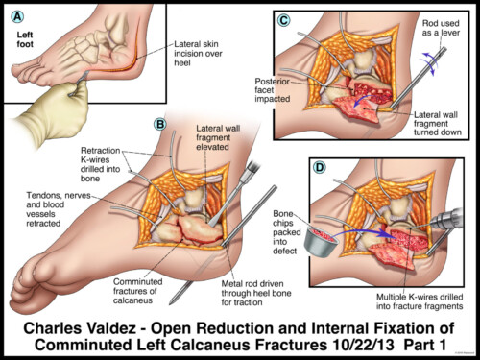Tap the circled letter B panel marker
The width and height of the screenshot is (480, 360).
(160, 123)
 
